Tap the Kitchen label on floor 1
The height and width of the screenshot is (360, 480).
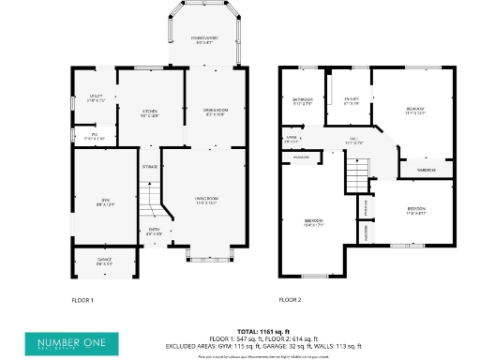pos(149,112)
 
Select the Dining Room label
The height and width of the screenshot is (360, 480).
pos(217,112)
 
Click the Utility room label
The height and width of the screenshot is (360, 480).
pos(96,97)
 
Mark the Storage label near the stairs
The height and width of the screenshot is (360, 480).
pos(150,167)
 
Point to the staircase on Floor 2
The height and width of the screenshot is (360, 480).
pos(356,174)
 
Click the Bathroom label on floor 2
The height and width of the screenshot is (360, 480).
pos(301,101)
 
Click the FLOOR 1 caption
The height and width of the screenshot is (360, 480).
pos(83,300)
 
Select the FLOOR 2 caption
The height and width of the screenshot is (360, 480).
pos(290,300)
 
